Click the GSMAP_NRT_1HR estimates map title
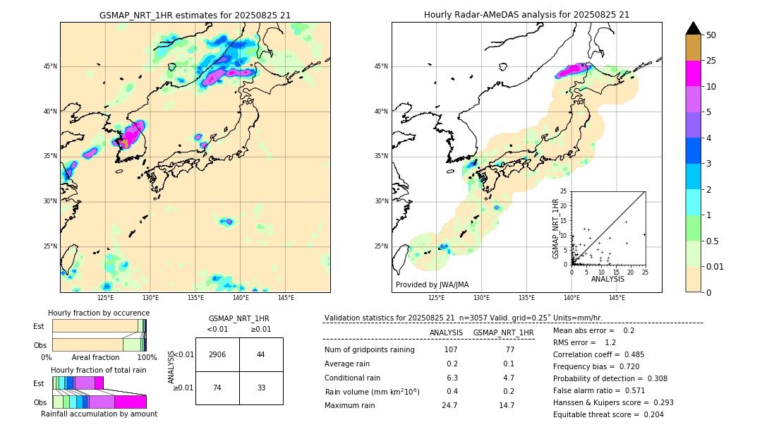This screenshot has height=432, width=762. click(x=195, y=15)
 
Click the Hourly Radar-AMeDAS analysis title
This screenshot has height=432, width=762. click(x=526, y=15)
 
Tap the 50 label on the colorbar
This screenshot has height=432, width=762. click(x=711, y=35)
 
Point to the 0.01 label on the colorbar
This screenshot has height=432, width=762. click(x=715, y=266)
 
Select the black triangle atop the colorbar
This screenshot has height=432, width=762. click(x=694, y=28)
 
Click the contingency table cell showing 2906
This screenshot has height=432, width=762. click(x=217, y=354)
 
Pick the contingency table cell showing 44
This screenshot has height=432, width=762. click(x=261, y=354)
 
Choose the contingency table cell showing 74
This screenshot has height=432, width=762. click(x=217, y=388)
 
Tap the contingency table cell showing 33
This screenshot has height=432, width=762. click(x=261, y=388)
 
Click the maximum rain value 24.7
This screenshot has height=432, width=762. click(x=449, y=406)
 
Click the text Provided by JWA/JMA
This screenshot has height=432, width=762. click(x=432, y=285)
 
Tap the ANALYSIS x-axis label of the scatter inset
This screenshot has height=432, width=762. click(x=607, y=279)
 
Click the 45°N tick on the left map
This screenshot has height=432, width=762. click(x=50, y=66)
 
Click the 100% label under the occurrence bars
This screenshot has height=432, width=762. click(x=147, y=358)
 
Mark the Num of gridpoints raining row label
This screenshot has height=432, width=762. click(x=370, y=350)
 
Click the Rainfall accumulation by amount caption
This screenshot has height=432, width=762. click(x=99, y=414)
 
